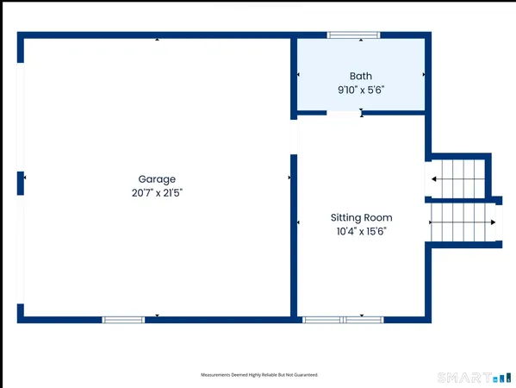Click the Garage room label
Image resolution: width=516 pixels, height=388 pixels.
[x=157, y=179]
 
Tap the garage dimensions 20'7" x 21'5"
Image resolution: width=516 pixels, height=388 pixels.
[x=157, y=193]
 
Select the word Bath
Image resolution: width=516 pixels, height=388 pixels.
[x=361, y=76]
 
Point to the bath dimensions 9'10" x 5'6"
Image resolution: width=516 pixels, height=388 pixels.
[x=361, y=89]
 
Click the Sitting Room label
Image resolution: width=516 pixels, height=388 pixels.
[x=362, y=218]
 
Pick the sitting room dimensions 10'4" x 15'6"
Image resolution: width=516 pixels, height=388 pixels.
[x=362, y=231]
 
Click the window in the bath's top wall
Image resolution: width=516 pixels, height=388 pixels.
[x=353, y=35]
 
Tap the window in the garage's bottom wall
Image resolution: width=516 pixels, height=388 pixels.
[x=123, y=320]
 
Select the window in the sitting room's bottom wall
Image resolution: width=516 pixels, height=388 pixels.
[x=344, y=320]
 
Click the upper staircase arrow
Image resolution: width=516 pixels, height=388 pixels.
[x=435, y=179]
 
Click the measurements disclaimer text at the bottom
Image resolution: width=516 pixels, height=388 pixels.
[x=259, y=375]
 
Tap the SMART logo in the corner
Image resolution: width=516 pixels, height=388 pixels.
[x=475, y=378]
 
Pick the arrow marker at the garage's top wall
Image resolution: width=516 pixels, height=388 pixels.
[x=157, y=40]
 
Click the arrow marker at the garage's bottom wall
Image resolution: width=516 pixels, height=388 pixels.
[x=157, y=316]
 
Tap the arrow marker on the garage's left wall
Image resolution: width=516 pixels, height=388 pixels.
[x=25, y=178]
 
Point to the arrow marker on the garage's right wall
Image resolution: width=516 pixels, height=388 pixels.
[x=289, y=178]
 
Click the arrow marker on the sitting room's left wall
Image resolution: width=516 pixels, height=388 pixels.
[x=299, y=223]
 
